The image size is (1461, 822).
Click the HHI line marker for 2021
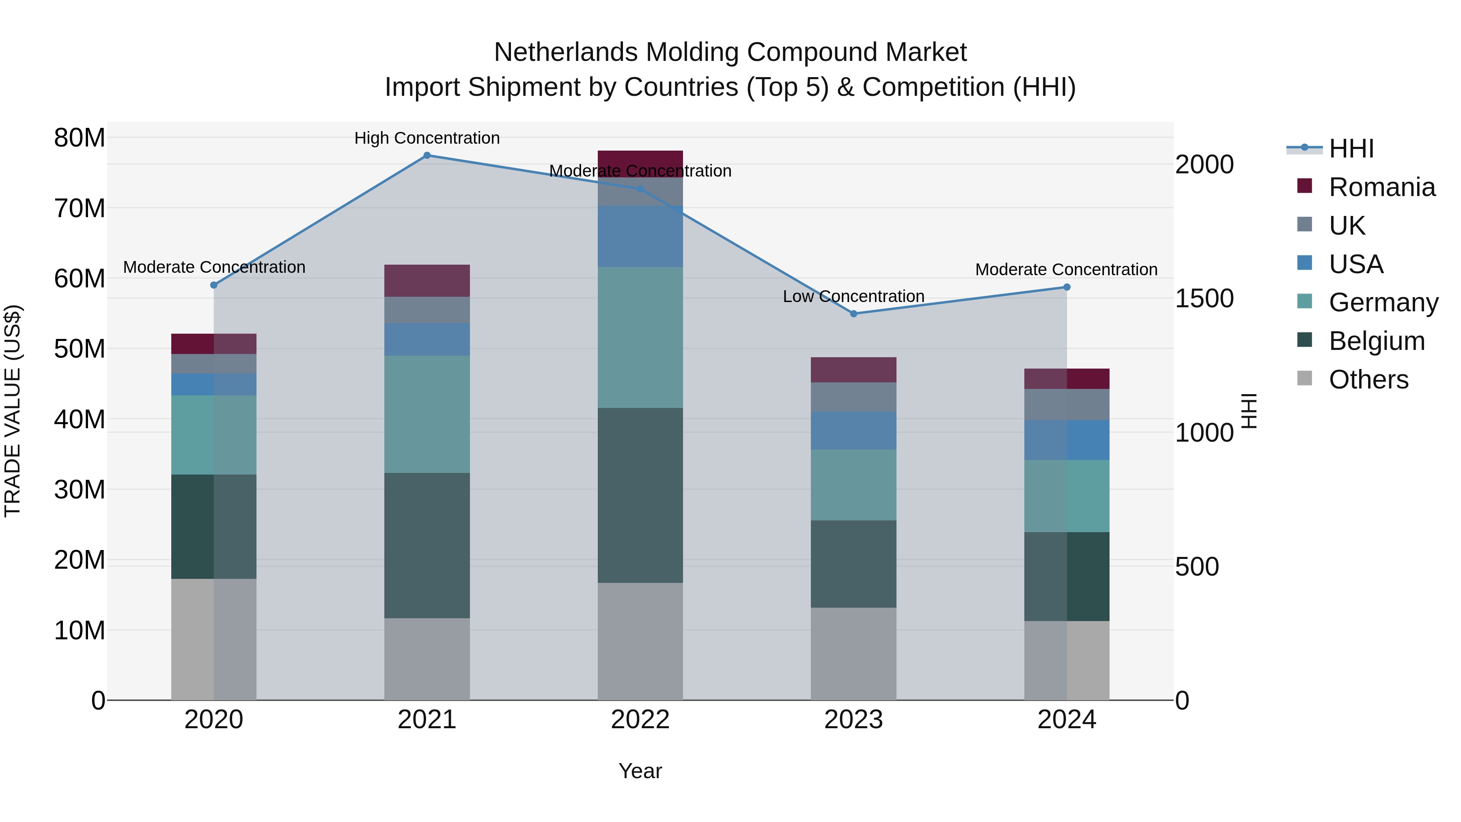coord(427,155)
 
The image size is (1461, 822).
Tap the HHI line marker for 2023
coord(853,314)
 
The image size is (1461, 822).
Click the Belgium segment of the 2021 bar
coord(427,545)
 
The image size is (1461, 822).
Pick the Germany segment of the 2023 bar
coord(853,485)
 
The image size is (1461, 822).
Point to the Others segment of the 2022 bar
coord(640,641)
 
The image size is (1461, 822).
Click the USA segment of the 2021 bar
coord(427,339)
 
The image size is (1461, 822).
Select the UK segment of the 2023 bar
coord(853,397)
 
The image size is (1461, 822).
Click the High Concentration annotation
coord(427,138)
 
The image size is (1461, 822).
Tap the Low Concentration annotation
coord(853,296)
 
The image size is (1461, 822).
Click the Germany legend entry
coord(1383,302)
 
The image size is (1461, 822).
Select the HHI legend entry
coord(1351,149)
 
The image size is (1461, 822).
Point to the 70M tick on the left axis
coord(80,208)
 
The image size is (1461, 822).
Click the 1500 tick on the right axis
coord(1204,298)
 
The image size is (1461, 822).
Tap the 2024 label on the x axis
coord(1066,720)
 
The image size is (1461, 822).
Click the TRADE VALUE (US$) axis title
coord(13,411)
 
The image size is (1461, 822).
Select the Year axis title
coord(640,771)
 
